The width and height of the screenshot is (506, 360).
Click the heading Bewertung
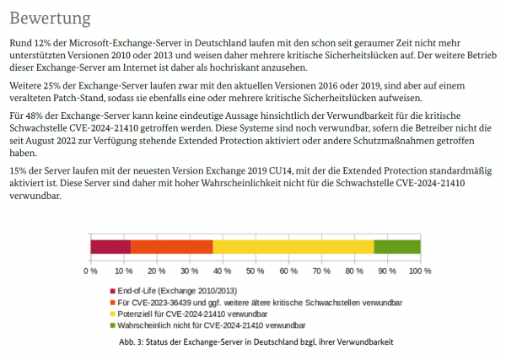pyautogui.click(x=50, y=17)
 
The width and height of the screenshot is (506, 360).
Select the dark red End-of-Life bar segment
pyautogui.click(x=110, y=246)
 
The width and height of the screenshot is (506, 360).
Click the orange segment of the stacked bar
pyautogui.click(x=172, y=246)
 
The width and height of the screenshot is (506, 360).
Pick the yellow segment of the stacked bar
pyautogui.click(x=293, y=246)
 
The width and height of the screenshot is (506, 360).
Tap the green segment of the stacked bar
pyautogui.click(x=397, y=246)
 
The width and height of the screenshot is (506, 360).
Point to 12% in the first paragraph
pyautogui.click(x=45, y=41)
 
